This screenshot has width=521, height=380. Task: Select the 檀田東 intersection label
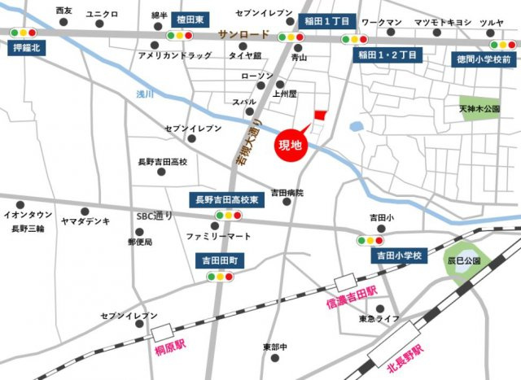click(190, 17)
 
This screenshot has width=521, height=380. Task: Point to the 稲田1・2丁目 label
click(387, 55)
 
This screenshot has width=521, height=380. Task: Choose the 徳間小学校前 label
click(483, 60)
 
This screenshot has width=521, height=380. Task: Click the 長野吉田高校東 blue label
click(226, 199)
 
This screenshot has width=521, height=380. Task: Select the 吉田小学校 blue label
click(399, 256)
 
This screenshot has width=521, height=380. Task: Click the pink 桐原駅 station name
click(171, 350)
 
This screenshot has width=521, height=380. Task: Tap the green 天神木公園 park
click(479, 108)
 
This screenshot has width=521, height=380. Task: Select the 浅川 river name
click(145, 94)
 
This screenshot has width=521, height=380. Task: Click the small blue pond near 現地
click(357, 127)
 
